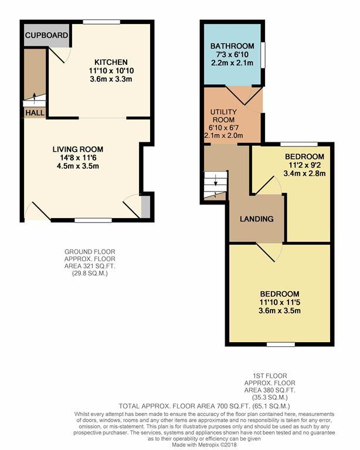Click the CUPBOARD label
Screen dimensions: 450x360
click(46, 35)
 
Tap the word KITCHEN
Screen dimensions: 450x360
click(111, 62)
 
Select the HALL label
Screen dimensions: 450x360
click(34, 112)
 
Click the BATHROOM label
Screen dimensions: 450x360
click(233, 46)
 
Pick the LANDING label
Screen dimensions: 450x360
click(257, 219)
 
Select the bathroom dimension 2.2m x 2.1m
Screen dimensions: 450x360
click(233, 63)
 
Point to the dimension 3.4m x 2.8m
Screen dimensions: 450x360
click(304, 173)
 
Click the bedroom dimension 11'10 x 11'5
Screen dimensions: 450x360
click(280, 302)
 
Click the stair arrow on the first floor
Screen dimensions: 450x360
click(215, 183)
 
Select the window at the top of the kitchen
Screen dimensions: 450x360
click(101, 22)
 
